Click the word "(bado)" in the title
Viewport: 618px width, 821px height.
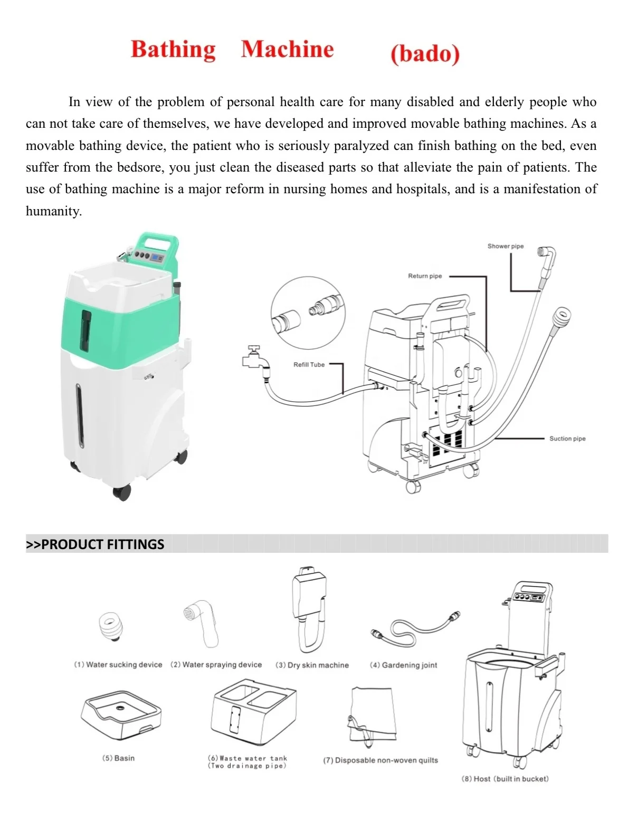(x=425, y=53)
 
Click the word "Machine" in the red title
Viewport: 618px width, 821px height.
(x=288, y=49)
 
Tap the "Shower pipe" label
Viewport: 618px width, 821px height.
(x=505, y=246)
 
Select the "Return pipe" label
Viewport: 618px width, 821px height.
(x=424, y=276)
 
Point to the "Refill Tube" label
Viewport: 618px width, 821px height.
(x=309, y=364)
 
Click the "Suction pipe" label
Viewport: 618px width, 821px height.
(x=567, y=439)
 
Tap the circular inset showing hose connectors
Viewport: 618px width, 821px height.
(x=308, y=314)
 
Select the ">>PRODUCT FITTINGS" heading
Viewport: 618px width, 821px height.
(x=95, y=544)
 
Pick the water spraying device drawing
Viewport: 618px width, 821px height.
(x=202, y=624)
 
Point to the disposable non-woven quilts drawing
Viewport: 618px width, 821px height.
(x=372, y=714)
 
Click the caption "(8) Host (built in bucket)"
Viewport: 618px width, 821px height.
(x=505, y=779)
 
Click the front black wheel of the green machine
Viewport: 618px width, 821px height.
(x=122, y=493)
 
